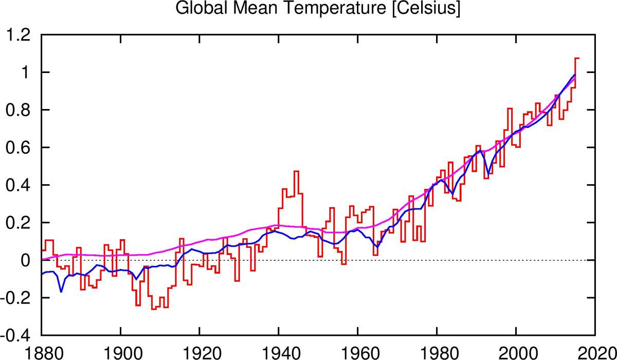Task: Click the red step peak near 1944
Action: (x=296, y=171)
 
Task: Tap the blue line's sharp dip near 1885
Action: (x=61, y=292)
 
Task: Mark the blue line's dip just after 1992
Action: (x=488, y=175)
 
